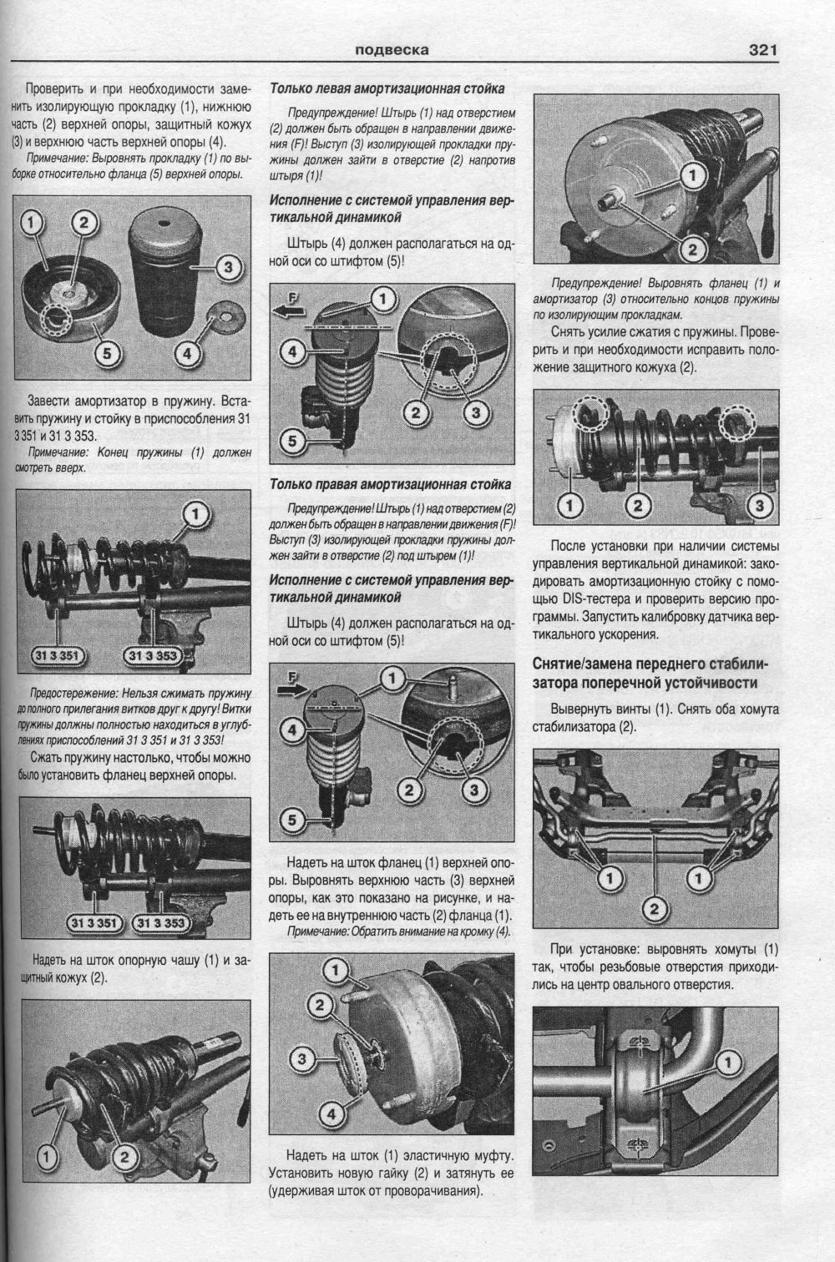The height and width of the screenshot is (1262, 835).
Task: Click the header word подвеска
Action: (x=392, y=50)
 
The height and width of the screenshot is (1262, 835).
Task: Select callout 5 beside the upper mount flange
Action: (x=107, y=353)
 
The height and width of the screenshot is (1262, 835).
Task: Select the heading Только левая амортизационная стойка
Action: (x=387, y=88)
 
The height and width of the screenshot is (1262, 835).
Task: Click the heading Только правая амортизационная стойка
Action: (x=390, y=484)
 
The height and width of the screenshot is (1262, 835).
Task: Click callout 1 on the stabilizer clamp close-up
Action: (x=727, y=1063)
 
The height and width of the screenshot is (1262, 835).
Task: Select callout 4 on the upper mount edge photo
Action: (x=331, y=1113)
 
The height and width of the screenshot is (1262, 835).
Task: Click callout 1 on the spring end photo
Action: (x=195, y=514)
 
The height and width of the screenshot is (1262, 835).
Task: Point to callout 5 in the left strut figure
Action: (x=292, y=440)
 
